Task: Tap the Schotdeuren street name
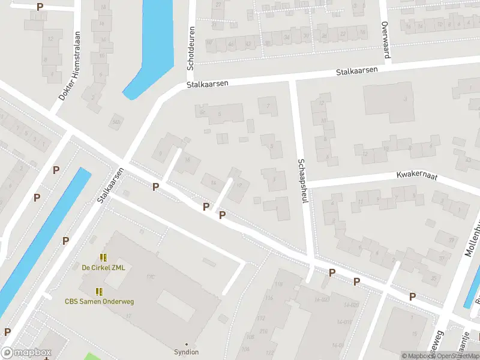point(191,46)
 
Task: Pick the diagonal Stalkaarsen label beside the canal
point(110,184)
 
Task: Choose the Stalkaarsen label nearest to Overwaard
point(356,71)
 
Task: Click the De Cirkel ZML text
point(104,268)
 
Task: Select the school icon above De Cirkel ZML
point(103,257)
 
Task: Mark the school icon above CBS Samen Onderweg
point(99,292)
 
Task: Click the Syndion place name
point(186,352)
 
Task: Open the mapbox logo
point(25,353)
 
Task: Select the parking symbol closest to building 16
point(156,187)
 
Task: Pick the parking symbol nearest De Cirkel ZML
point(66,241)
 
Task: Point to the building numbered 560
point(115,123)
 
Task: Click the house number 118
point(278,284)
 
